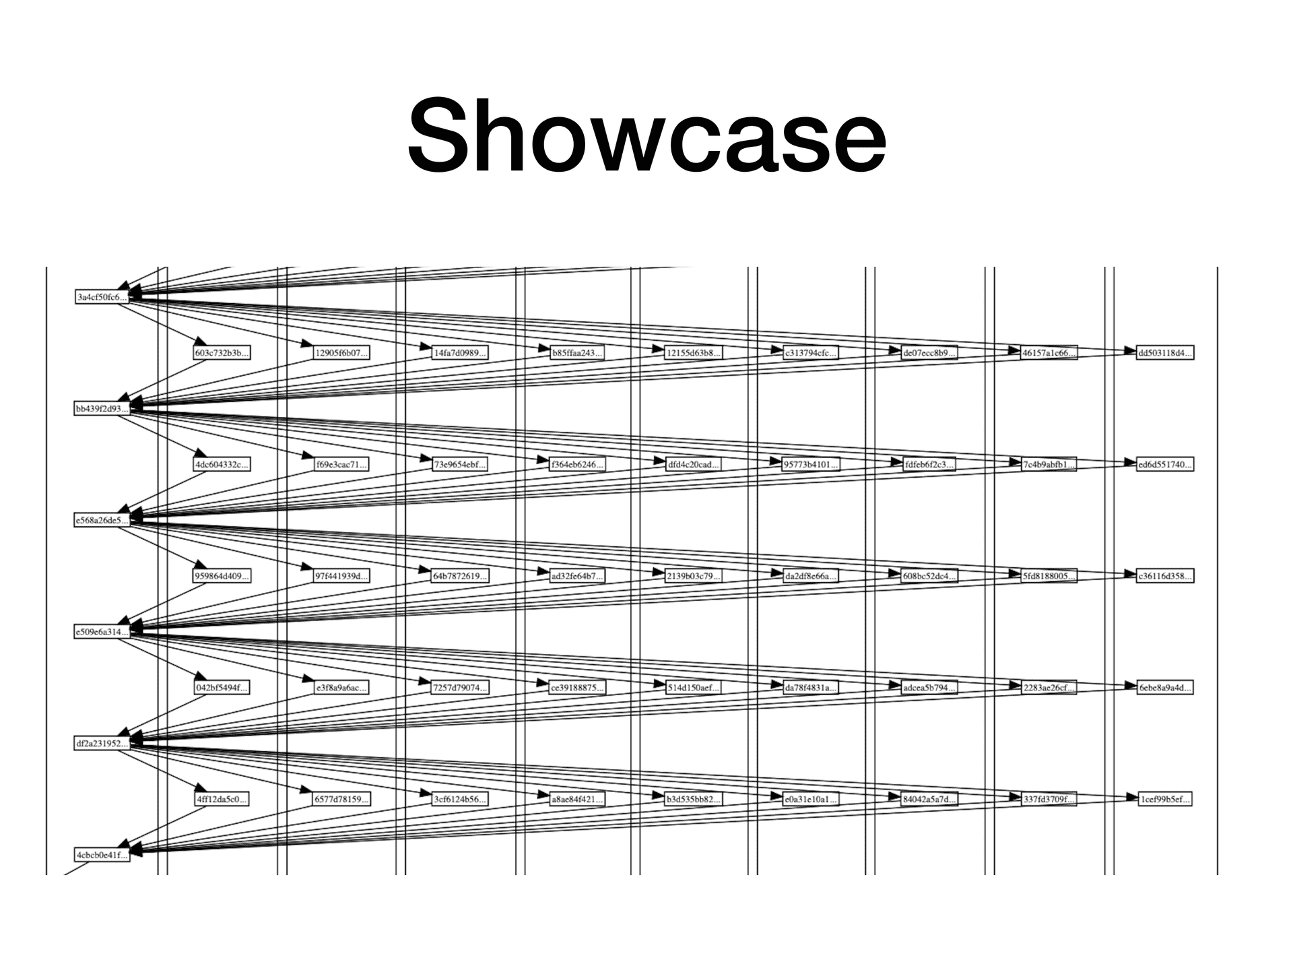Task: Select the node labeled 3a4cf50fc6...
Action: (102, 297)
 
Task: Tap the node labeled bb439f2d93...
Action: (102, 409)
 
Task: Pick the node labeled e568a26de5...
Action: (102, 520)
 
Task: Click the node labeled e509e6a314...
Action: (102, 632)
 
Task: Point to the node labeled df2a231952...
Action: (102, 744)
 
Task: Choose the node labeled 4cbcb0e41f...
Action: (102, 855)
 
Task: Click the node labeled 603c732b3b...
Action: (222, 352)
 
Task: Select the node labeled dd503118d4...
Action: (1164, 352)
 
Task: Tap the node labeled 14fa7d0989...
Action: (459, 352)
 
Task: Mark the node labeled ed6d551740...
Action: (1164, 464)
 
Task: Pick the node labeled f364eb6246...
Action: (577, 464)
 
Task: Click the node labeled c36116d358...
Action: (1164, 576)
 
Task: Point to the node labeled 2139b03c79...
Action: (693, 576)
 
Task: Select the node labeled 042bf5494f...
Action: (222, 688)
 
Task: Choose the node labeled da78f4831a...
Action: (811, 688)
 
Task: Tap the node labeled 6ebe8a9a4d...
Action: (1164, 688)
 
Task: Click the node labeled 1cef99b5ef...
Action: (1164, 800)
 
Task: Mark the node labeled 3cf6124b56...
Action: (459, 800)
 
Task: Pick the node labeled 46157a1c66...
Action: (1049, 352)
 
